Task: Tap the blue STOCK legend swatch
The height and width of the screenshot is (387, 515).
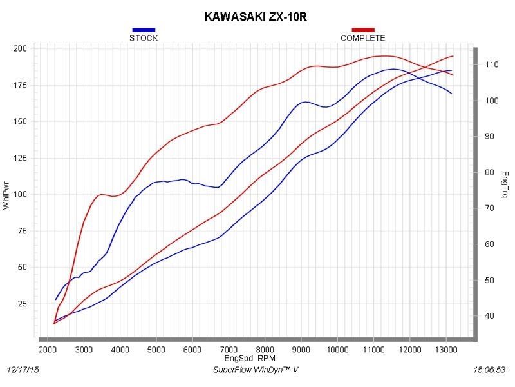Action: tap(144, 30)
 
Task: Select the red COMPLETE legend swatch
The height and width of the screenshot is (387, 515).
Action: tap(363, 30)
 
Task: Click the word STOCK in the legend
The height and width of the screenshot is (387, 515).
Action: tap(144, 38)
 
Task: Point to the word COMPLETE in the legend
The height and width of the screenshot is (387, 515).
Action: tap(363, 38)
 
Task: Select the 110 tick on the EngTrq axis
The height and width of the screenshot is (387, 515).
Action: tap(491, 64)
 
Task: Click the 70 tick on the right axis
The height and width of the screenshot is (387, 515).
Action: tap(489, 208)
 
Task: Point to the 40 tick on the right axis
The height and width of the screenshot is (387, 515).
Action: tap(489, 315)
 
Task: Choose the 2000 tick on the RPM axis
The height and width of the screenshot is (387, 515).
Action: tap(48, 350)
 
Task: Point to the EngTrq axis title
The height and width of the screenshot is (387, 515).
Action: tap(505, 184)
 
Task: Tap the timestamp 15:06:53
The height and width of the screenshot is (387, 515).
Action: tap(489, 370)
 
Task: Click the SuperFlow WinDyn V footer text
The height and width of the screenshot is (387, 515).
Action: tap(256, 370)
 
